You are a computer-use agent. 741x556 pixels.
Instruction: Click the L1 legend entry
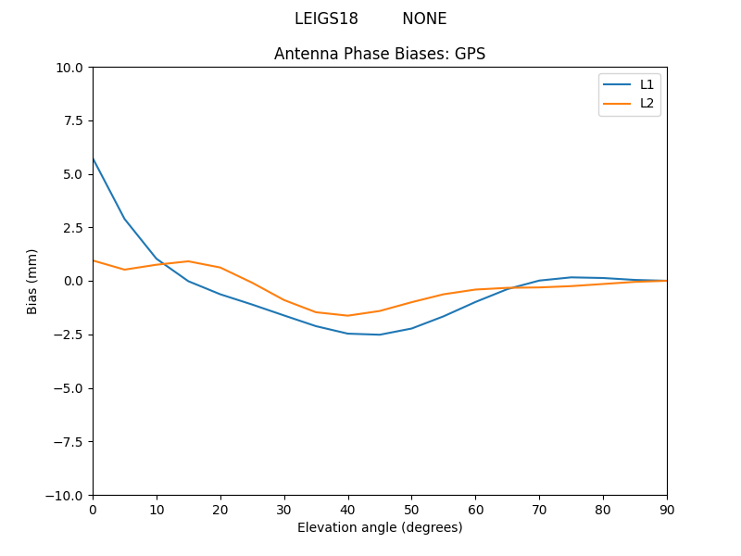click(647, 84)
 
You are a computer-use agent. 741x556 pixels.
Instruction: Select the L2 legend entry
click(647, 103)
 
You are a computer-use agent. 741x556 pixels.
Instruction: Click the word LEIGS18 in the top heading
click(326, 19)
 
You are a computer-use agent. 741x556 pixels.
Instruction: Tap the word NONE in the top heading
click(424, 19)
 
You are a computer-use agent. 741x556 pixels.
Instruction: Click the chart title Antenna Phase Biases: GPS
click(380, 54)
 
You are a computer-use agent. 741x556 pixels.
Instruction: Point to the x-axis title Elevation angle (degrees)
click(380, 527)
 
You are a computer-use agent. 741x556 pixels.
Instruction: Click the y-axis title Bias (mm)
click(32, 281)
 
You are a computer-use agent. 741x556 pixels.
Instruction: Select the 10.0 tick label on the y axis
click(69, 68)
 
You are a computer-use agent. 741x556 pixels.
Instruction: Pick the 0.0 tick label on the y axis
click(72, 281)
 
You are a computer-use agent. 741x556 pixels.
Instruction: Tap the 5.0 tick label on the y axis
click(72, 174)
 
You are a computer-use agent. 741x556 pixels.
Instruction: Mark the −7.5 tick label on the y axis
click(68, 441)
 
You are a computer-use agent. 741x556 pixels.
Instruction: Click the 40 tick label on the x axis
click(347, 509)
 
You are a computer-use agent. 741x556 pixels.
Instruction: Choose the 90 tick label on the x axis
click(667, 509)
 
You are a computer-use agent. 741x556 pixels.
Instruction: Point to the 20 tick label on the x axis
click(220, 509)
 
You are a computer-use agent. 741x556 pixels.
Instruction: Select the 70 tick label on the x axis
click(539, 509)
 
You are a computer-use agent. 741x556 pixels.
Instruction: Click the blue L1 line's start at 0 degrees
click(94, 159)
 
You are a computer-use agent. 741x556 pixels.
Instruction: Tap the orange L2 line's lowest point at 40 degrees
click(347, 315)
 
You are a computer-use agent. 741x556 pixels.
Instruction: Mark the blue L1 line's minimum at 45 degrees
click(380, 335)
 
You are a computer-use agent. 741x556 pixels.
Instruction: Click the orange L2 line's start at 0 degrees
click(94, 260)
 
